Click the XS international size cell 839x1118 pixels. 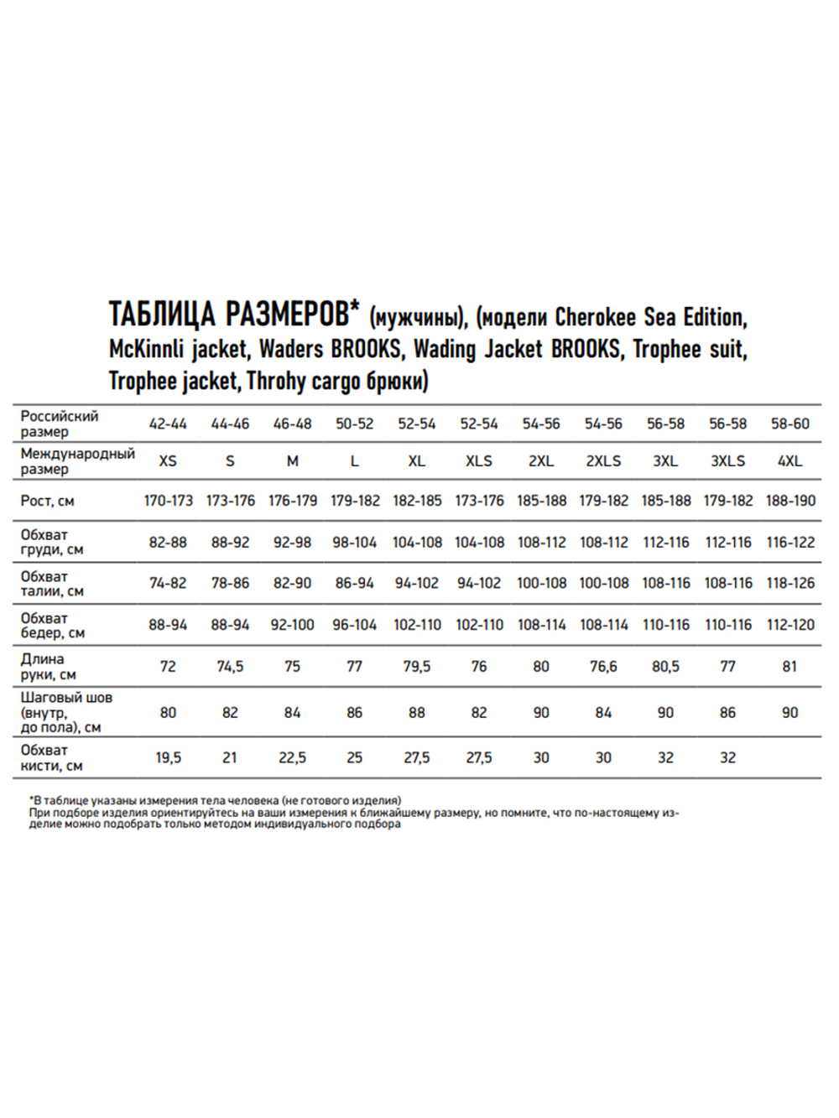click(x=168, y=461)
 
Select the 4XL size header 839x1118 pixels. click(x=789, y=461)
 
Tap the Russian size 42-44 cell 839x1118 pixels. click(x=168, y=424)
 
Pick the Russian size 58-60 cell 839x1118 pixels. click(x=789, y=424)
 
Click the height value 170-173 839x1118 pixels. click(x=168, y=501)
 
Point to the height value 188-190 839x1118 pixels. click(x=790, y=501)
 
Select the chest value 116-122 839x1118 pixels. click(x=790, y=543)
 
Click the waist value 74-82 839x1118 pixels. click(x=168, y=583)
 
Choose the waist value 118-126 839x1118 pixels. click(x=790, y=583)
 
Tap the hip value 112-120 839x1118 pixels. click(x=790, y=625)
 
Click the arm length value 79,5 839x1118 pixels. click(x=417, y=667)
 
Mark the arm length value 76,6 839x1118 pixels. click(x=603, y=667)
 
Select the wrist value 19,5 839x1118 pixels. click(x=168, y=758)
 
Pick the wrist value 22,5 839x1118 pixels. click(x=292, y=758)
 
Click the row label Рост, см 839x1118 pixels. click(x=48, y=502)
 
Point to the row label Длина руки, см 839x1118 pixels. click(x=48, y=667)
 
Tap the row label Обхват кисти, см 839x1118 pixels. click(x=51, y=758)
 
